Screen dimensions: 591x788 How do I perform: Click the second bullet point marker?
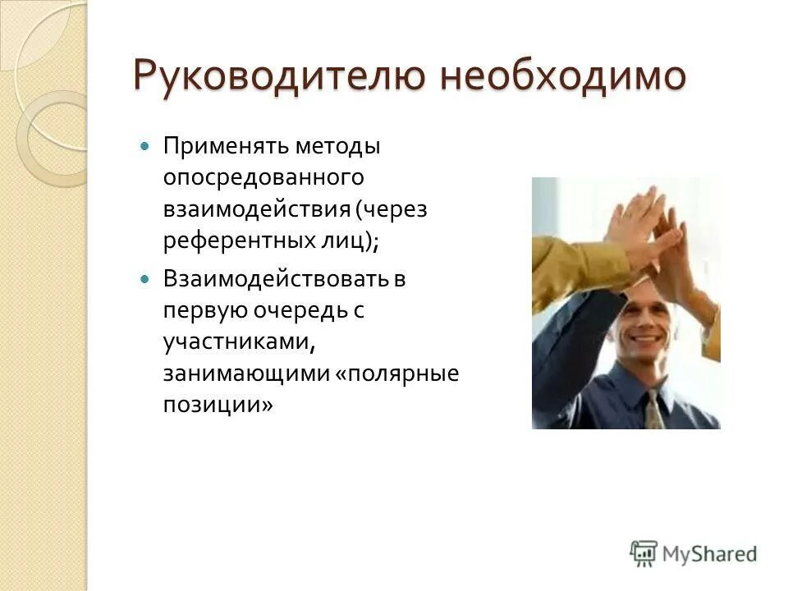146,280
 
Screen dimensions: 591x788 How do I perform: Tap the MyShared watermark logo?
694,553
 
